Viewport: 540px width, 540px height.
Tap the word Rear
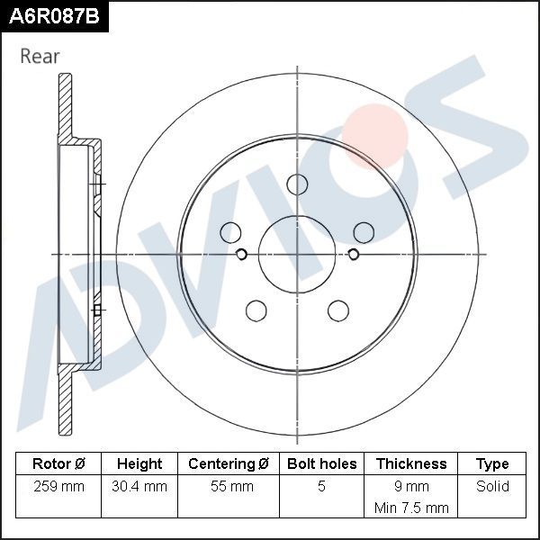pos(40,56)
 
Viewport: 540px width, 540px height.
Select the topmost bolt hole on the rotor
pos(297,184)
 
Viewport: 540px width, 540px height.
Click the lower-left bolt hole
pos(256,310)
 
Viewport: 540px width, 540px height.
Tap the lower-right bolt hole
pos(337,310)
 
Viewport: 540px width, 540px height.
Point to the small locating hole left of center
pos(241,254)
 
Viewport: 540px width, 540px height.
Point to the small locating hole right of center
pos(353,254)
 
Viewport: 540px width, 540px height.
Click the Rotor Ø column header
pos(58,464)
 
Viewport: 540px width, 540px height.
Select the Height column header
pos(139,464)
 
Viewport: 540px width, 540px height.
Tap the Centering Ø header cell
pos(229,464)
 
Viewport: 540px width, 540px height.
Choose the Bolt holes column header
pos(321,464)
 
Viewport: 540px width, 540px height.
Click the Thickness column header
pos(411,464)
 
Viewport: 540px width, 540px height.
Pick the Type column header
pos(492,464)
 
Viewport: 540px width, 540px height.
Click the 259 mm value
pos(58,487)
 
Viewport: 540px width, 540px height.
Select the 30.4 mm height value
pos(139,487)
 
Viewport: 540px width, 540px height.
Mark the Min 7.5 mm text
pos(411,508)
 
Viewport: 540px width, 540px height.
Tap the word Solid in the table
pos(492,487)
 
